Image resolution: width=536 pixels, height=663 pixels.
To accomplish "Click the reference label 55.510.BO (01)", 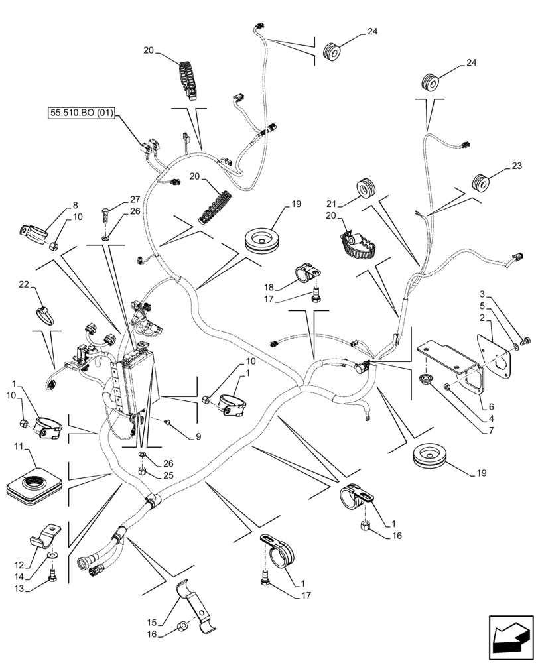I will click(x=82, y=113).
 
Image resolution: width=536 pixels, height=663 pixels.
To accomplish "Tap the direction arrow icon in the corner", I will click(x=509, y=637).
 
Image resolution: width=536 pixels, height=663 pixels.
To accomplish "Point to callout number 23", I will click(x=517, y=166).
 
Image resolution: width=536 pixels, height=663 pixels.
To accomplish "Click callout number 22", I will click(x=24, y=284).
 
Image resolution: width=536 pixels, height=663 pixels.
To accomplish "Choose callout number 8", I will click(x=75, y=205).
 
